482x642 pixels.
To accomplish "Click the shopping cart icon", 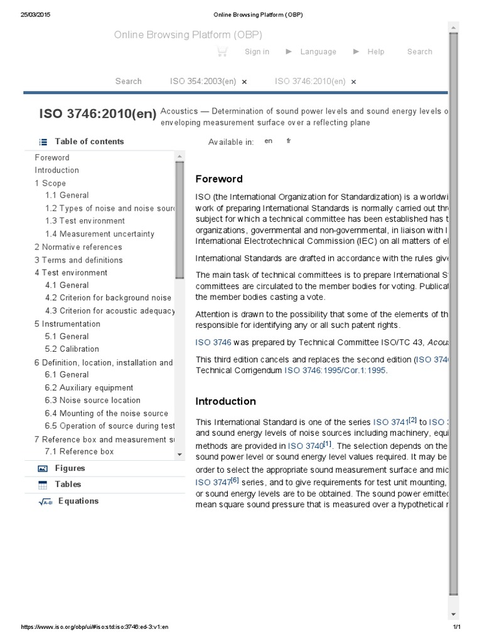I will pos(222,52).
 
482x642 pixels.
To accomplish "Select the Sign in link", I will pos(257,52).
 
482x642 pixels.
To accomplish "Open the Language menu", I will pos(318,52).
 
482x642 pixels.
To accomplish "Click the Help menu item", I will pos(375,52).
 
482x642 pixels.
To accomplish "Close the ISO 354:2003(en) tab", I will pos(244,82).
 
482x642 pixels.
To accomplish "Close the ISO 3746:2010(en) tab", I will pos(353,82).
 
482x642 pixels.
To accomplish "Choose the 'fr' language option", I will pos(289,141).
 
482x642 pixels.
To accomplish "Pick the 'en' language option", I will pos(269,141).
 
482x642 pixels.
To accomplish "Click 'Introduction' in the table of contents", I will pos(56,170).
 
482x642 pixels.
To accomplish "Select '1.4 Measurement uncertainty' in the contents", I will pos(99,234).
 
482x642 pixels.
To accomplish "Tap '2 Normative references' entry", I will pos(78,247).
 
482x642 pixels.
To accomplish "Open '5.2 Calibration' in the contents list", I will pos(72,349).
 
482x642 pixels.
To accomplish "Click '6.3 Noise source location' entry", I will pos(92,400).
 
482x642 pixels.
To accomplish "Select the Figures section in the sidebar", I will pos(70,468).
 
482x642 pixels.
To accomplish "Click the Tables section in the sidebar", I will pos(68,484).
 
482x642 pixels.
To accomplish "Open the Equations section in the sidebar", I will pos(78,501).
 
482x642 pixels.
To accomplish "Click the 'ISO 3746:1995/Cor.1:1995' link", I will pos(335,371).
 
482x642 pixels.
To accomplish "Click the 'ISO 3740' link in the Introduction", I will pos(304,446).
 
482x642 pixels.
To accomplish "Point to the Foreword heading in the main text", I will pos(218,179).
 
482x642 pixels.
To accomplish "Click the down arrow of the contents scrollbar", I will pos(179,454).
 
